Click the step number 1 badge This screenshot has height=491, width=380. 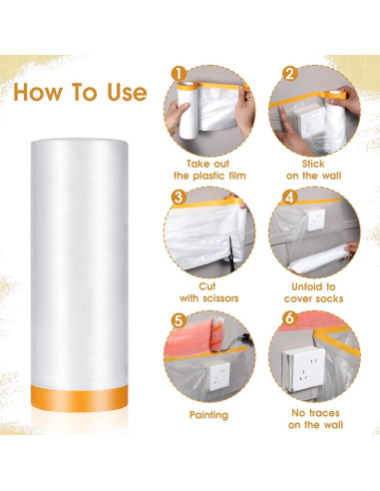179,73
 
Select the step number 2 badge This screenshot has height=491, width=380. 287,73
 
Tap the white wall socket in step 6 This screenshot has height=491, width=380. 318,370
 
